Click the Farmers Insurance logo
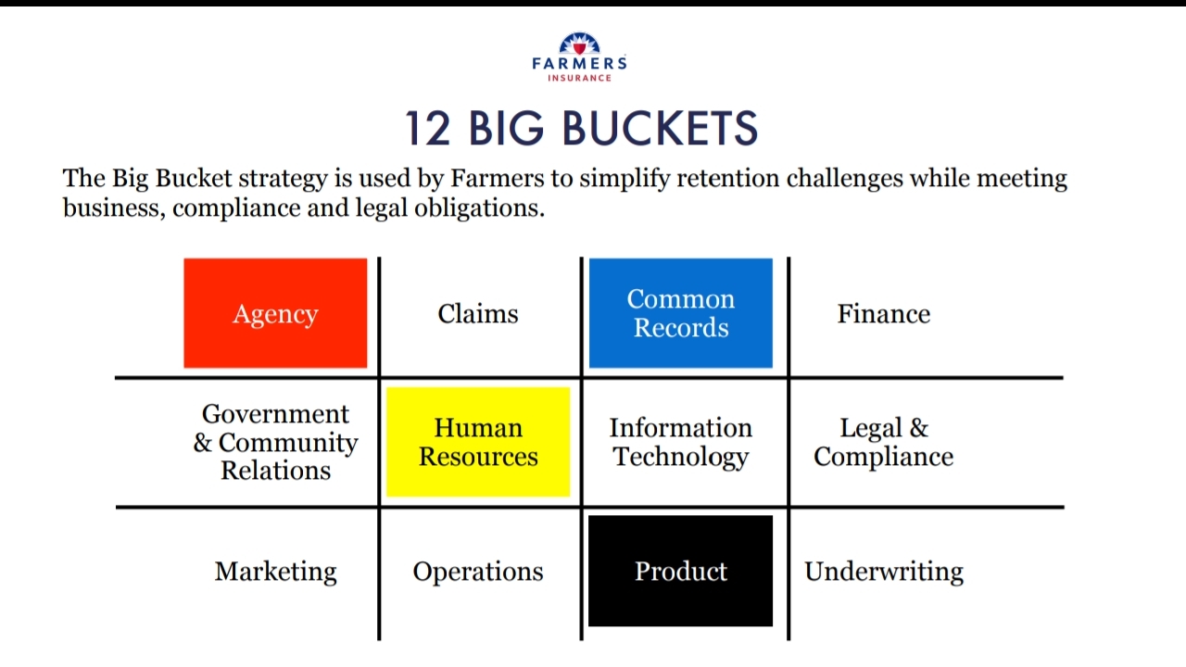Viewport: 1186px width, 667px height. click(x=579, y=57)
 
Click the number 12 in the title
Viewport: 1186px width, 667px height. click(x=428, y=128)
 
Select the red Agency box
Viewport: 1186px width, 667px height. click(x=275, y=313)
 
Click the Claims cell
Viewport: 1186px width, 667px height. click(x=478, y=314)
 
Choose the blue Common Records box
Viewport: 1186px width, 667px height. click(x=680, y=313)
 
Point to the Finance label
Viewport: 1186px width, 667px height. click(x=883, y=314)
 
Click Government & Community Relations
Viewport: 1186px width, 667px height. click(x=275, y=442)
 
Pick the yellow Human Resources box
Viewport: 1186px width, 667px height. click(x=478, y=442)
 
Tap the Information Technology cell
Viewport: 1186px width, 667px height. click(x=680, y=442)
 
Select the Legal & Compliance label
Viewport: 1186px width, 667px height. click(x=883, y=442)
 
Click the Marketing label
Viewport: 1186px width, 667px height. click(x=275, y=572)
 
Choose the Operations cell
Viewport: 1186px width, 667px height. click(x=478, y=572)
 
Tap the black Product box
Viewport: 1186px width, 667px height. click(x=680, y=572)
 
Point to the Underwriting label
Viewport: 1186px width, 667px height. click(x=883, y=572)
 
